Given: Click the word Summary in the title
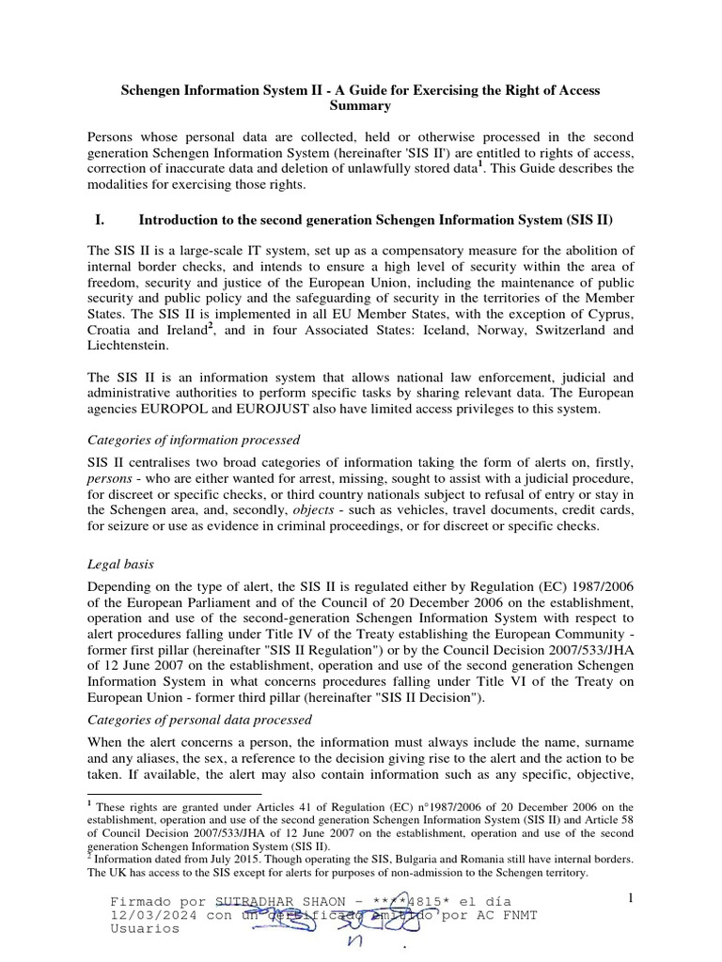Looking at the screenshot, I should pos(361,106).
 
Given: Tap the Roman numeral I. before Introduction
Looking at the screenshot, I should pos(100,221).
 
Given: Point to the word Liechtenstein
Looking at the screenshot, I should pos(133,347).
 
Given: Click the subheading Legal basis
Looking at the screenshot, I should pos(120,564).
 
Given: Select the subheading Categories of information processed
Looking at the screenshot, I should pos(193,440).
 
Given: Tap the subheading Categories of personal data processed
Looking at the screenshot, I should pos(199,720).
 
